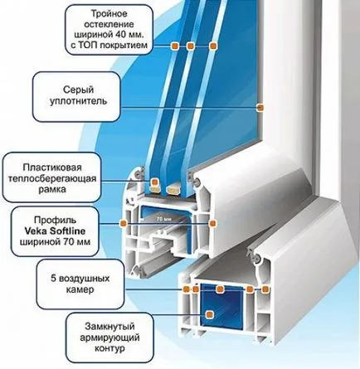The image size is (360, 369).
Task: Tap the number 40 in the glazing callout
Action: pyautogui.click(x=119, y=35)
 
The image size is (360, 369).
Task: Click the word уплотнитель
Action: pyautogui.click(x=78, y=101)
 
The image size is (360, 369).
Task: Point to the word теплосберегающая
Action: pyautogui.click(x=52, y=178)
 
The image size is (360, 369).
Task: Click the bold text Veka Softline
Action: pyautogui.click(x=55, y=231)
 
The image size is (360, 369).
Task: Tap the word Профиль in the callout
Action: pyautogui.click(x=55, y=220)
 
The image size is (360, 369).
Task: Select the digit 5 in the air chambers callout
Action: pyautogui.click(x=53, y=279)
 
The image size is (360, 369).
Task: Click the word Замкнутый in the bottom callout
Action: pyautogui.click(x=109, y=327)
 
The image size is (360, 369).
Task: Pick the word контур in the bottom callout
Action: pyautogui.click(x=109, y=348)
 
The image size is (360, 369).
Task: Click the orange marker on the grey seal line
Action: pyautogui.click(x=260, y=107)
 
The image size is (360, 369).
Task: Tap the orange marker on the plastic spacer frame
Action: pyautogui.click(x=154, y=182)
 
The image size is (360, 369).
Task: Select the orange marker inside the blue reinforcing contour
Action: pyautogui.click(x=210, y=314)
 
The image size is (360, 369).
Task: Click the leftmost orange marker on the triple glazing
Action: pyautogui.click(x=175, y=46)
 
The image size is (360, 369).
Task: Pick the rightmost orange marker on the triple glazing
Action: pyautogui.click(x=212, y=46)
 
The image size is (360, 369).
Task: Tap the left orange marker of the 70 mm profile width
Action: pyautogui.click(x=124, y=223)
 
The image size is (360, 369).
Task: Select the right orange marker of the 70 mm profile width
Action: pyautogui.click(x=212, y=223)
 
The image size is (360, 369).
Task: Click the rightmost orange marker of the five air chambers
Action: pyautogui.click(x=265, y=289)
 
